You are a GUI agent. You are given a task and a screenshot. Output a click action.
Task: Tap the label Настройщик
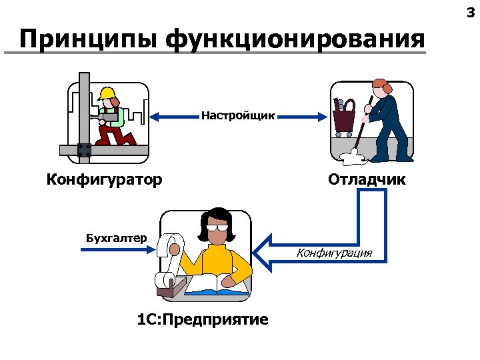tap(237, 116)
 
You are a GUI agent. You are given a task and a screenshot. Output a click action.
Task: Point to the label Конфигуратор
tap(104, 179)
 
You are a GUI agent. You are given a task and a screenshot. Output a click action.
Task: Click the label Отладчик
tap(366, 179)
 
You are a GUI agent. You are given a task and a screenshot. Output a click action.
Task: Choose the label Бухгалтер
tap(116, 237)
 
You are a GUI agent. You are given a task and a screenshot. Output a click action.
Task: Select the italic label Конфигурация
tap(334, 253)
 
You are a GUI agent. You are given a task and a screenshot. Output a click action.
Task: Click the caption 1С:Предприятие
tap(203, 319)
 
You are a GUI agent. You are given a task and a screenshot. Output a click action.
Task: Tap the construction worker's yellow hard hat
tap(106, 93)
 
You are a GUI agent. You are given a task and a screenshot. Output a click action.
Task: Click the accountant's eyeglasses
tap(217, 227)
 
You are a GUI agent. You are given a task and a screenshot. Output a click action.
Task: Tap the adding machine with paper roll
tap(168, 267)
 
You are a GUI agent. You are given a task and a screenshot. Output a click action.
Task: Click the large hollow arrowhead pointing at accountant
tap(267, 251)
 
